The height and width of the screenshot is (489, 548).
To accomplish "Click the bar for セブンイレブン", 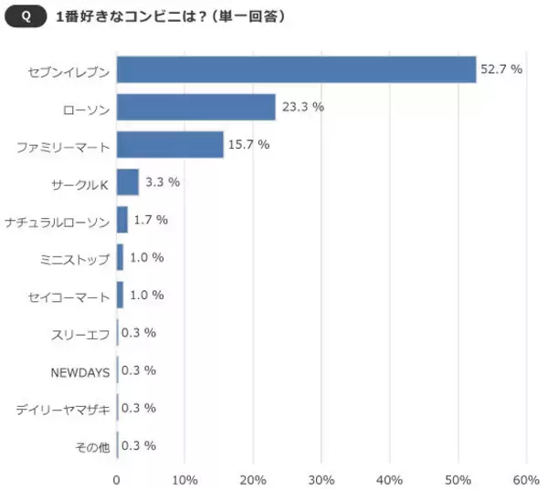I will [297, 69].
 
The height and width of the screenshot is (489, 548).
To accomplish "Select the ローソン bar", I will [196, 107].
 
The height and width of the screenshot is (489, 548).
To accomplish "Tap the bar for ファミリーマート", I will [170, 144].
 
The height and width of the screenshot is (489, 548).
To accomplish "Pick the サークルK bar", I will [128, 182].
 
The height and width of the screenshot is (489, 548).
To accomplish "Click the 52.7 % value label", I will [501, 69].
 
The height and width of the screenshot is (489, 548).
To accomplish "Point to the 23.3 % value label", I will [304, 107].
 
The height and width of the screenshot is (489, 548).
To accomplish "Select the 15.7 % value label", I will [251, 144].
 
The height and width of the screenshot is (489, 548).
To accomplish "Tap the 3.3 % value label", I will [163, 182].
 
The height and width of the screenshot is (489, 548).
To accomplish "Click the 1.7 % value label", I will [151, 220].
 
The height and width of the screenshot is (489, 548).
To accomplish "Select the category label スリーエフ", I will [82, 334].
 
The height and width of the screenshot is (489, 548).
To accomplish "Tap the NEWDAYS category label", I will [80, 371].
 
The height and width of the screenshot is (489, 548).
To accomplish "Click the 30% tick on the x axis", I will [321, 480].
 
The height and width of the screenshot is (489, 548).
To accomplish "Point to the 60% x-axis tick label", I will [526, 480].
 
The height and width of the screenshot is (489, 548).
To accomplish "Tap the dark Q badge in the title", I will [26, 16].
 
